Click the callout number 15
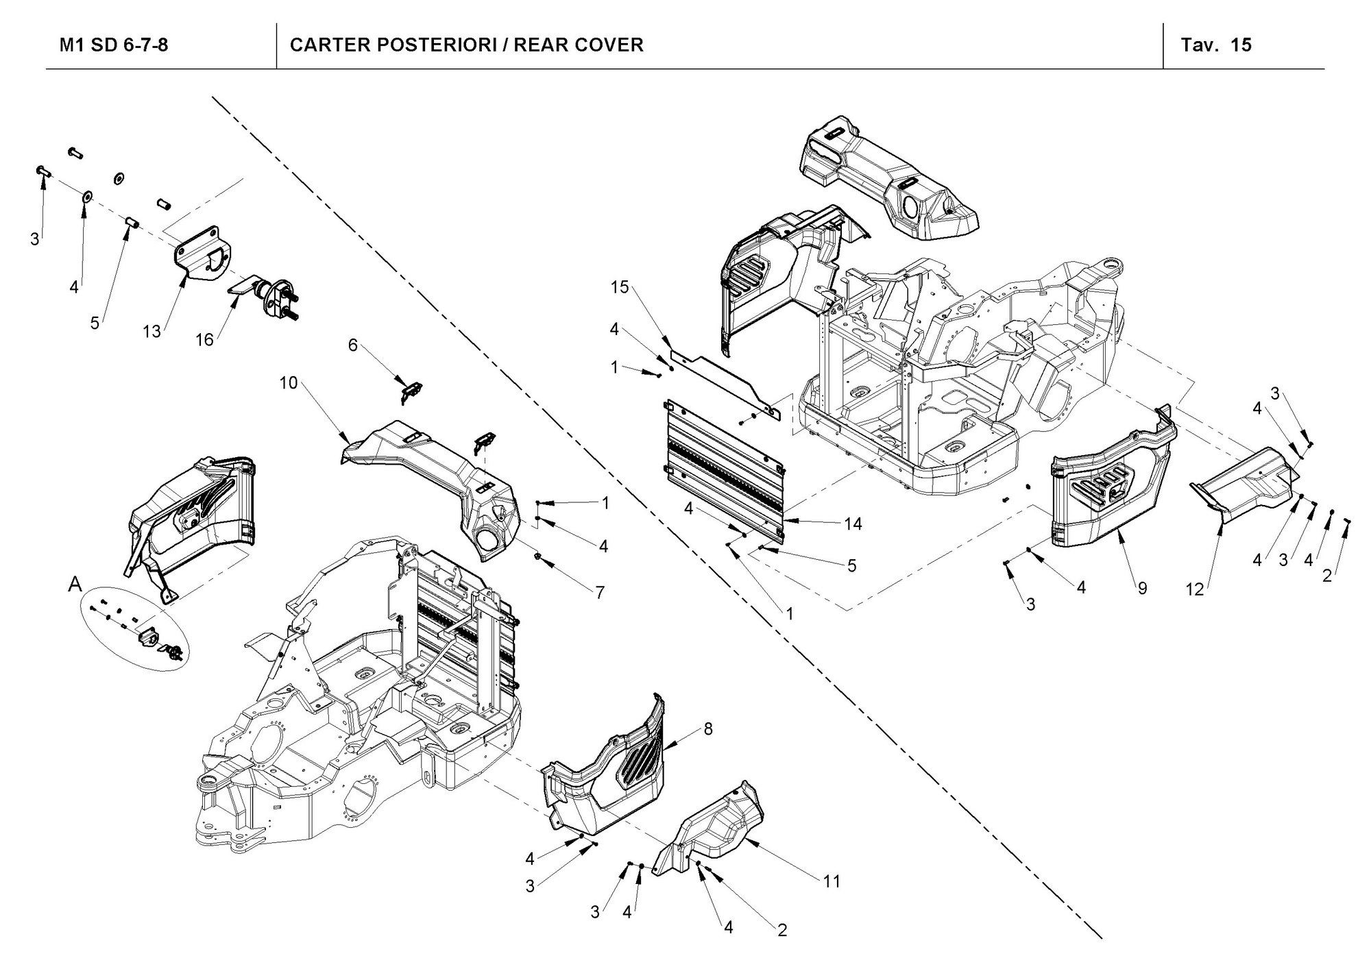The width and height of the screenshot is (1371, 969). [x=620, y=288]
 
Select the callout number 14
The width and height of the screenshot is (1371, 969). [x=853, y=524]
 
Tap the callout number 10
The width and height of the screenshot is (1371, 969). [x=289, y=383]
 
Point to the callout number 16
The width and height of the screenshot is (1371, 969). [x=204, y=339]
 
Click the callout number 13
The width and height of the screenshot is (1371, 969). [x=151, y=332]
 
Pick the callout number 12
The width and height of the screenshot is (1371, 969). [x=1195, y=589]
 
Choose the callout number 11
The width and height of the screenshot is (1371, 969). [x=832, y=881]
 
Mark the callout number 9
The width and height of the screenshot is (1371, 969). [x=1142, y=588]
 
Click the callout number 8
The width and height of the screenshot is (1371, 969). [x=708, y=729]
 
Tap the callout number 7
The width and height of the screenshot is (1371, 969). [x=600, y=593]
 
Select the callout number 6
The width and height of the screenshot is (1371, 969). [x=352, y=345]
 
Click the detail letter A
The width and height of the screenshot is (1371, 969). [x=75, y=585]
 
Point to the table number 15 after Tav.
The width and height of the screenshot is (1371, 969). [x=1241, y=45]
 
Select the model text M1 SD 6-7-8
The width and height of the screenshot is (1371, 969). [x=114, y=45]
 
